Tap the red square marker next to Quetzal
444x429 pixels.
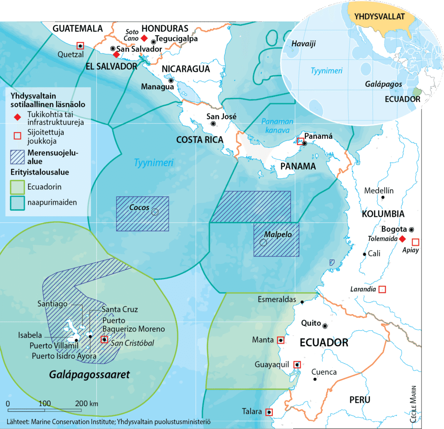coord(80,45)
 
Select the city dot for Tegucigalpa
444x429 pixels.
coord(153,42)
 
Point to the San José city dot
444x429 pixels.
coord(213,124)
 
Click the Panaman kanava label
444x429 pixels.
coord(277,126)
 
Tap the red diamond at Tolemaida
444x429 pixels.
coord(402,239)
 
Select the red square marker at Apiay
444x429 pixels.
coord(415,242)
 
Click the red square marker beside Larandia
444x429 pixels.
coord(382,289)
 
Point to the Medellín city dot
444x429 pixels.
coord(383,198)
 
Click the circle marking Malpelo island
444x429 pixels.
coord(263,243)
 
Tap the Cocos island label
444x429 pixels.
coord(139,208)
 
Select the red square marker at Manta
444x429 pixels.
coord(281,341)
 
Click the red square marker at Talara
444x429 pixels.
coord(269,412)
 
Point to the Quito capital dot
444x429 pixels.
coord(325,325)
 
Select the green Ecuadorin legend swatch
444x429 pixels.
coord(17,187)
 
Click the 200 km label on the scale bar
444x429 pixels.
coord(87,403)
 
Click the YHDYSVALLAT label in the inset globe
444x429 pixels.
coord(379,17)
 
